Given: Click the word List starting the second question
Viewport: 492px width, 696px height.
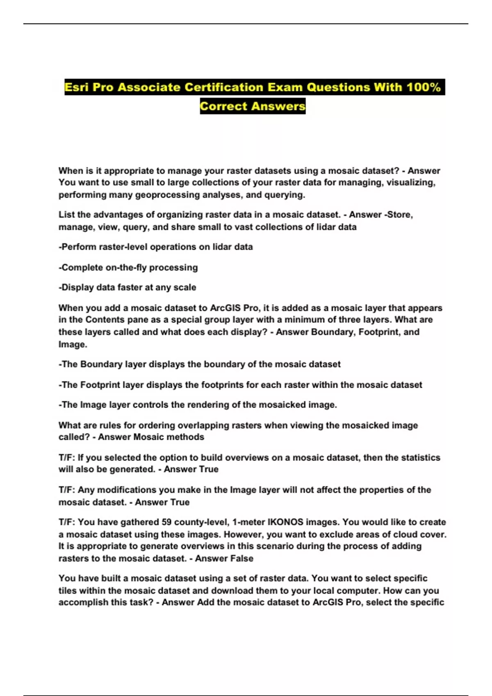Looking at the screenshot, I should point(66,215).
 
